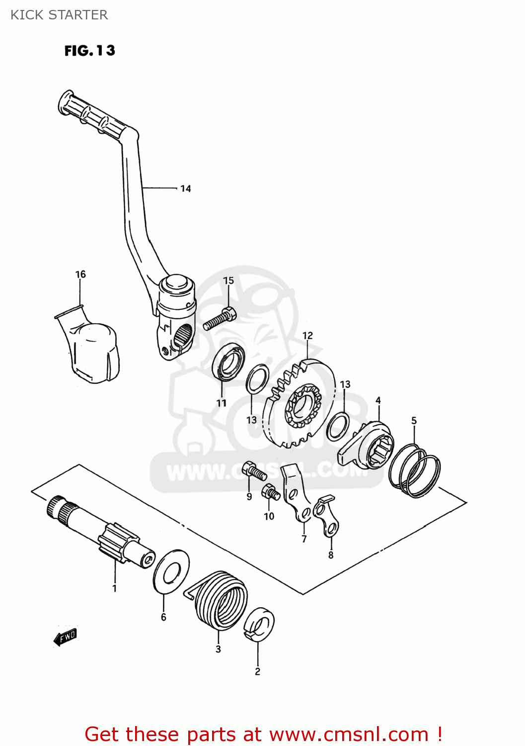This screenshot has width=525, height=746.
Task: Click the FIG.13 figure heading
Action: pos(89,51)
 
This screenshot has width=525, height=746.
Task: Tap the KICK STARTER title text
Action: pos(59,15)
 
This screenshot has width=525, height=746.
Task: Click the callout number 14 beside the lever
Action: pos(185,188)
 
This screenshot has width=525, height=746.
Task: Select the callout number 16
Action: pos(80,274)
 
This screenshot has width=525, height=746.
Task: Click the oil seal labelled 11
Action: pos(228,362)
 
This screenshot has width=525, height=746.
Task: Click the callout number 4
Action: pos(378,400)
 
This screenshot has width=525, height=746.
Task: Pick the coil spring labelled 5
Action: pos(415,470)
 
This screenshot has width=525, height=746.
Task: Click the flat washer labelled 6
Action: pos(171,572)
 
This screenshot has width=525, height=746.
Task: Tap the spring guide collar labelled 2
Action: pos(259,625)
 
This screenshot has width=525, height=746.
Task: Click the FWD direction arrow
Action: pos(66,637)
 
